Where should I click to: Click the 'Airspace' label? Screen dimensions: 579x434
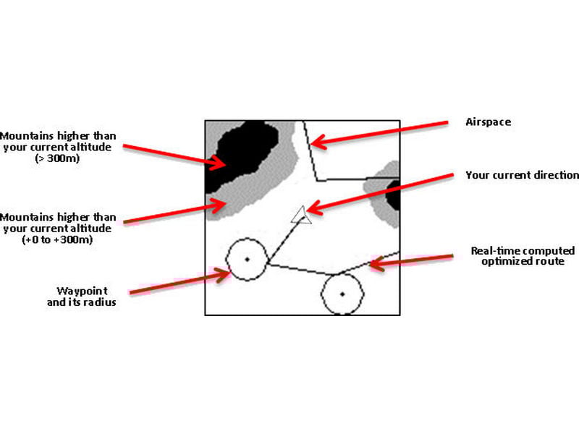[488, 122]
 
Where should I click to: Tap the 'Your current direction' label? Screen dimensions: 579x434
[522, 175]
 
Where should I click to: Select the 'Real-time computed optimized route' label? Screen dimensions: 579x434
[523, 256]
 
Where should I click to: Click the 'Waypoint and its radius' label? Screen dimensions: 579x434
[82, 297]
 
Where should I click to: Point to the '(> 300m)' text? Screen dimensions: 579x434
[57, 158]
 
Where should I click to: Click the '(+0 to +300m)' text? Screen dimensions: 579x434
[57, 240]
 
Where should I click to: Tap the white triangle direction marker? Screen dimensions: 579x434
[301, 215]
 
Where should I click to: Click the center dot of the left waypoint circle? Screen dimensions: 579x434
[247, 260]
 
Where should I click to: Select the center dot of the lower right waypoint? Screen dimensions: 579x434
[342, 294]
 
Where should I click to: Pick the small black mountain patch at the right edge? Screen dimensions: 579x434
[394, 195]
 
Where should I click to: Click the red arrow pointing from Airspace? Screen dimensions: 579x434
[379, 133]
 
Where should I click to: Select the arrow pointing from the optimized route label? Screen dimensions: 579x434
[410, 260]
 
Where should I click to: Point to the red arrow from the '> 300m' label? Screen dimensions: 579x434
[174, 158]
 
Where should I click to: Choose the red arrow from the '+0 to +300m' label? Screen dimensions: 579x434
[174, 210]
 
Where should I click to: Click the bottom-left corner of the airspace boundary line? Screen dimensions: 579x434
[318, 180]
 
